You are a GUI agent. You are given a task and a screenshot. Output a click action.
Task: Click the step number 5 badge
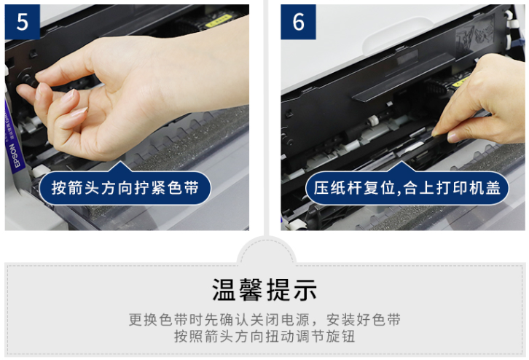[x=23, y=22]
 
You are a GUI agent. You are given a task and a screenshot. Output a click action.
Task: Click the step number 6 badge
[x=298, y=22]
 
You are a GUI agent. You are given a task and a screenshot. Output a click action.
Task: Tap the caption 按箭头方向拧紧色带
[x=125, y=188]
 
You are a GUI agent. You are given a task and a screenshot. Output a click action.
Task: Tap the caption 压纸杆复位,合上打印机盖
[x=407, y=188]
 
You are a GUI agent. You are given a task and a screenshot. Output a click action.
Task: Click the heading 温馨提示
[x=264, y=289]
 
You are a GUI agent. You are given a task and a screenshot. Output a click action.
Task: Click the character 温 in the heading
[x=224, y=289]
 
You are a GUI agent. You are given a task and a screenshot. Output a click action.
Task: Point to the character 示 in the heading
[x=305, y=289]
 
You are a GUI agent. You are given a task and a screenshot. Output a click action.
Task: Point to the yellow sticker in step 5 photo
[x=219, y=20]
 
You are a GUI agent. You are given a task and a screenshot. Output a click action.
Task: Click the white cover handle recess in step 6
[x=397, y=36]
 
